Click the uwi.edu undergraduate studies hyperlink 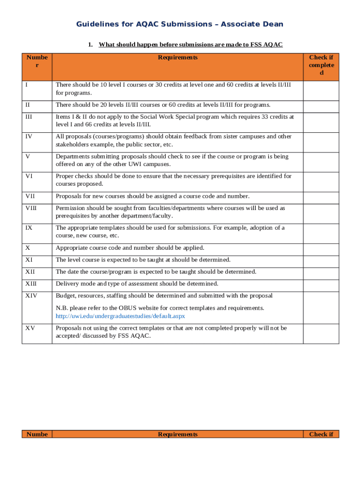pyautogui.click(x=120, y=316)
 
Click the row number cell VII pyautogui.click(x=29, y=196)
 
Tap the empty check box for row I pyautogui.click(x=321, y=91)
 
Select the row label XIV pyautogui.click(x=31, y=296)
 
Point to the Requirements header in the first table pyautogui.click(x=178, y=58)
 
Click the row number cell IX pyautogui.click(x=29, y=228)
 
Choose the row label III pyautogui.click(x=29, y=116)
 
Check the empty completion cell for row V pyautogui.click(x=321, y=160)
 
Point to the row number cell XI pyautogui.click(x=29, y=260)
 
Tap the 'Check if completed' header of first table pyautogui.click(x=321, y=65)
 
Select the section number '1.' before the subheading pyautogui.click(x=91, y=45)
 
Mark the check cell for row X pyautogui.click(x=321, y=248)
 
